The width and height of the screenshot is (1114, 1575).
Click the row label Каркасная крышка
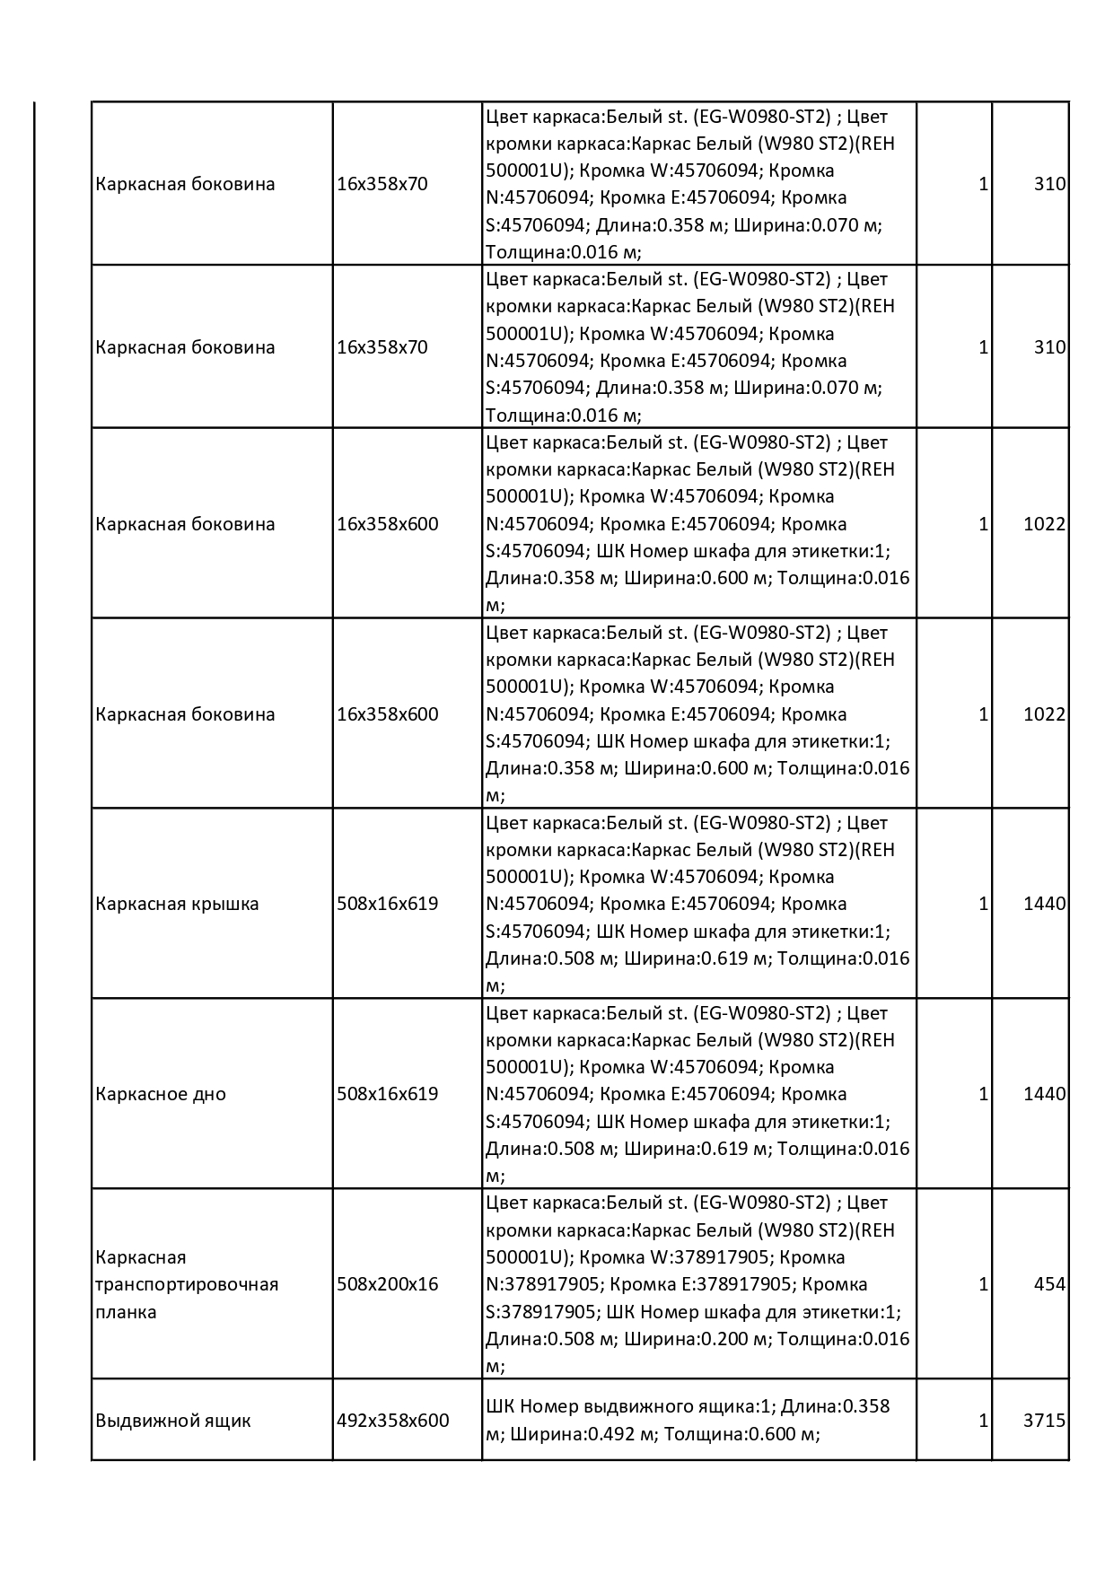177,904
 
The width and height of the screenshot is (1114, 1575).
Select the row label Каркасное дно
161,1094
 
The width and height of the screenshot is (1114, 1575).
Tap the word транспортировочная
187,1284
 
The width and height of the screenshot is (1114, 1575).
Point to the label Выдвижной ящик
173,1421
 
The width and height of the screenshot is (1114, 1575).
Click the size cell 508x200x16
387,1284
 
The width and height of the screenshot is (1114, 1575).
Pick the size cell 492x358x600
392,1421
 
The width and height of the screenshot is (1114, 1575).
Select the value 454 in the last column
1049,1284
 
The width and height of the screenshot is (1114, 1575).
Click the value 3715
1044,1421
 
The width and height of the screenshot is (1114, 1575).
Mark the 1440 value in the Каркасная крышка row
1044,904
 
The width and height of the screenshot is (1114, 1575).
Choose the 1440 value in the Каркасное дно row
1044,1094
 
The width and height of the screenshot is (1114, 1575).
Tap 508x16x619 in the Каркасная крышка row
387,904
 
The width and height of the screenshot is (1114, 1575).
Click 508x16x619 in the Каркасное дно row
387,1094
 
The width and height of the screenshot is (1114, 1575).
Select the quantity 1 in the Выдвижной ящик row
983,1421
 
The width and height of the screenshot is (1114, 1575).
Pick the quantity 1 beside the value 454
983,1284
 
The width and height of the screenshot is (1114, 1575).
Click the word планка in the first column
126,1312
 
